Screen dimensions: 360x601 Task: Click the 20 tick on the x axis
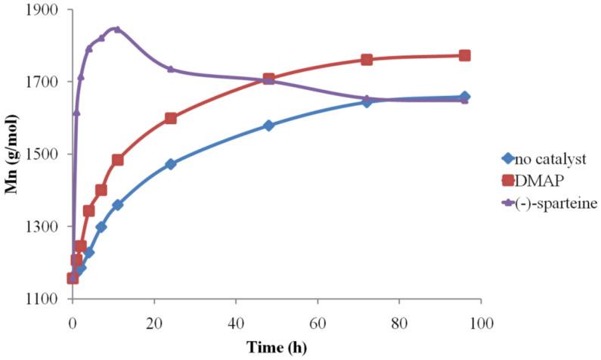(x=153, y=324)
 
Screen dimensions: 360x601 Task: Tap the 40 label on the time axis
(x=235, y=324)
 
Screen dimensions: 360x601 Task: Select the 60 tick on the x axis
(x=318, y=324)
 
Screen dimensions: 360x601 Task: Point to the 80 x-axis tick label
(x=399, y=324)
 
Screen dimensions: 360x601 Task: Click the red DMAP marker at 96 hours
(x=465, y=55)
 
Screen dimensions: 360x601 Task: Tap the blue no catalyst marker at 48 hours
(x=268, y=126)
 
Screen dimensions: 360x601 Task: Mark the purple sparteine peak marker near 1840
(x=116, y=29)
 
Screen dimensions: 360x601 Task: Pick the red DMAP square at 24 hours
(x=170, y=118)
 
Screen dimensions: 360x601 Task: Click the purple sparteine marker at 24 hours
(x=170, y=69)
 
